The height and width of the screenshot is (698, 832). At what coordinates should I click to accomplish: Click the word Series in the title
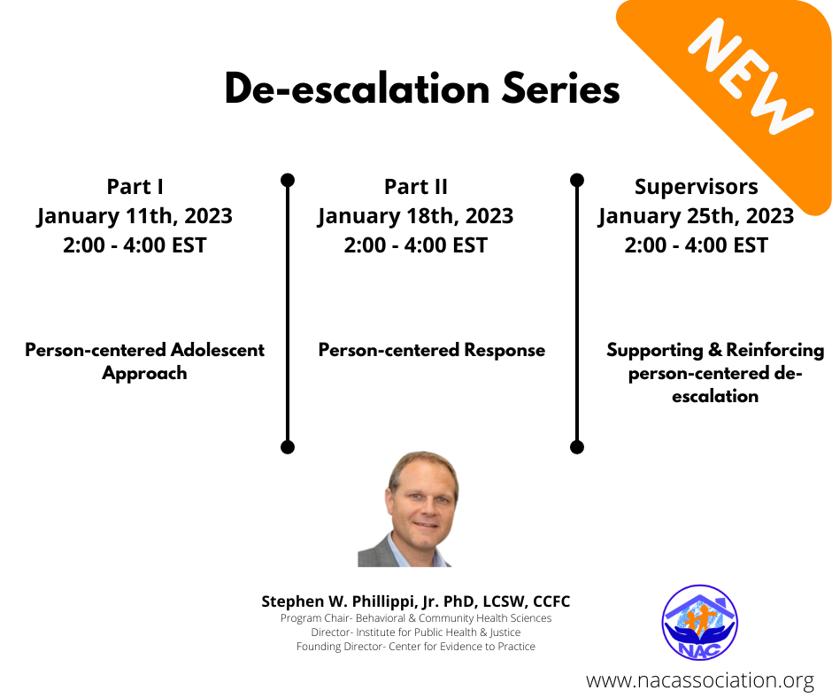(561, 89)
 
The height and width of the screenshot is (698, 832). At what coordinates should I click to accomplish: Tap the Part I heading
(135, 186)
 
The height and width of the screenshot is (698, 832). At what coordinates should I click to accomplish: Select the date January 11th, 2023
(135, 216)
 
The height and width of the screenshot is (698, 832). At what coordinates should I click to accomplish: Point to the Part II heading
(416, 186)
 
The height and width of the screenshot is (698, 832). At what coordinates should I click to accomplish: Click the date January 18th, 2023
(415, 216)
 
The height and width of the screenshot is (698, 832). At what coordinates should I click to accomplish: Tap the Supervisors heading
(697, 187)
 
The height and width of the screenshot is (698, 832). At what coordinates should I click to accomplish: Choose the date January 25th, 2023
(697, 216)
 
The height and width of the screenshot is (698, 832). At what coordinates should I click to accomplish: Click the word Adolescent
(218, 350)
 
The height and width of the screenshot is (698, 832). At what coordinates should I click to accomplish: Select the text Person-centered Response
(431, 350)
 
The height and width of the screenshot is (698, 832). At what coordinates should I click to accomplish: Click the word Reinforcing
(775, 350)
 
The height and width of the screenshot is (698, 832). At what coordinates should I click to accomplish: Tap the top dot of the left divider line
(288, 180)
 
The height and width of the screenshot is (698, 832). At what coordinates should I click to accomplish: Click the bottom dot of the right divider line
(577, 447)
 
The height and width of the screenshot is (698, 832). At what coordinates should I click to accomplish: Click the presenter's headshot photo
(409, 509)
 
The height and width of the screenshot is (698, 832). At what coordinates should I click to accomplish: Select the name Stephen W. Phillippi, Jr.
(351, 601)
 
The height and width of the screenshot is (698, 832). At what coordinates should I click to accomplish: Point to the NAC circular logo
(700, 622)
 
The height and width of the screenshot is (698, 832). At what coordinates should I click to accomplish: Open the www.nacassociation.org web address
(700, 680)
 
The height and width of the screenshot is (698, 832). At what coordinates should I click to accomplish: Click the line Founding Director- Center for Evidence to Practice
(416, 647)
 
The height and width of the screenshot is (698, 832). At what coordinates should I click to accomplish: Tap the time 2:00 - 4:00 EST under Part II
(415, 245)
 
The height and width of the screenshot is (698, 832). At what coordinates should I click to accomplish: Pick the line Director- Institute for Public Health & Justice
(416, 632)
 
